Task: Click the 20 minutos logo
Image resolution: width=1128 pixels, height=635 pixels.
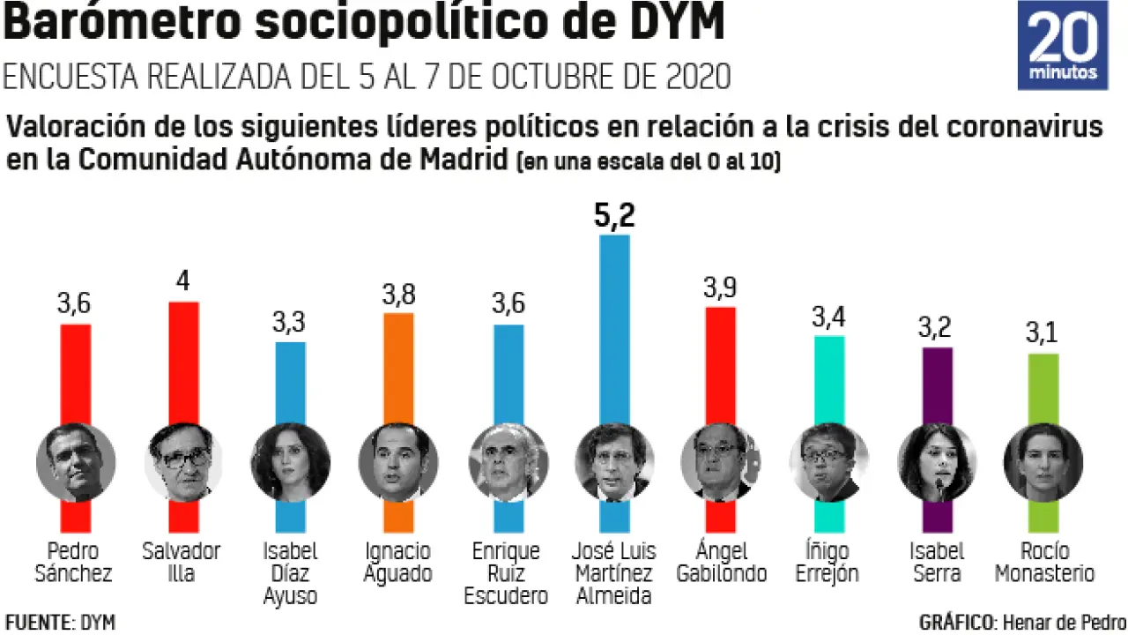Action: [1063, 45]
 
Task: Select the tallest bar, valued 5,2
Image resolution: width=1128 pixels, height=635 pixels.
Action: [614, 326]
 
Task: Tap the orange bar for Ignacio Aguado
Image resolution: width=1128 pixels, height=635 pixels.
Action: [398, 366]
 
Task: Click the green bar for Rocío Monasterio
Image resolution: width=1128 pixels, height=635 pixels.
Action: [1043, 388]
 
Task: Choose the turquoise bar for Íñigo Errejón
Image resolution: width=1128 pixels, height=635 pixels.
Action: [828, 379]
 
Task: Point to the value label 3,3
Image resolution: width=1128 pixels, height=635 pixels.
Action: [291, 323]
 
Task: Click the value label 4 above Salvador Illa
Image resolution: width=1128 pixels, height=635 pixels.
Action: [183, 282]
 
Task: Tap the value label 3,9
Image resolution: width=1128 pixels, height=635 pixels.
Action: [720, 288]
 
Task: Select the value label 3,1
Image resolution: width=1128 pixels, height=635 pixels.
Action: [1043, 334]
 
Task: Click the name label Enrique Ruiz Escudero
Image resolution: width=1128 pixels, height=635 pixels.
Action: [506, 573]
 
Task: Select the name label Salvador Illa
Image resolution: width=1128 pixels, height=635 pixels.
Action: [182, 563]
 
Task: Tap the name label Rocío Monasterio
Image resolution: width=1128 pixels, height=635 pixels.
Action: [1044, 563]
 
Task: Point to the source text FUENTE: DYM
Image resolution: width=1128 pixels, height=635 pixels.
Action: [60, 622]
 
